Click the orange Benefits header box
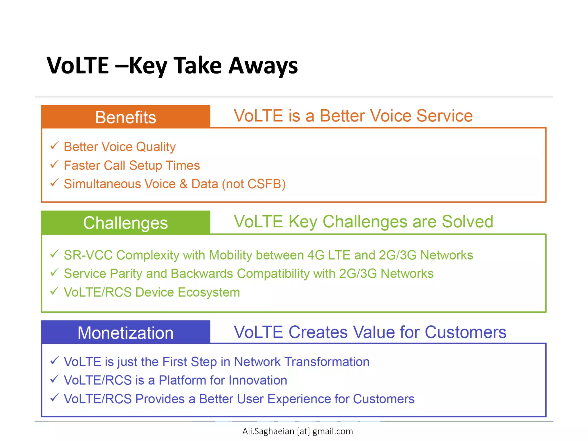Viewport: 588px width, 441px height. tap(125, 117)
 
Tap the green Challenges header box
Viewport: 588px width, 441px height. tap(125, 223)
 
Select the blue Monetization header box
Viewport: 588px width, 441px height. tap(125, 332)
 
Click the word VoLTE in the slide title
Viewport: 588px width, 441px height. tap(78, 65)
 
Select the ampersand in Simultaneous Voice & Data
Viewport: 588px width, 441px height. tap(183, 184)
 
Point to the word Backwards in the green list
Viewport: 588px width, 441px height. tap(202, 274)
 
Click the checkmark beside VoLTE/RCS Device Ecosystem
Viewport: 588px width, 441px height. tap(54, 291)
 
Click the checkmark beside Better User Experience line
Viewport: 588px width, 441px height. tap(54, 398)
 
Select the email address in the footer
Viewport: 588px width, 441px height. tap(297, 431)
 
